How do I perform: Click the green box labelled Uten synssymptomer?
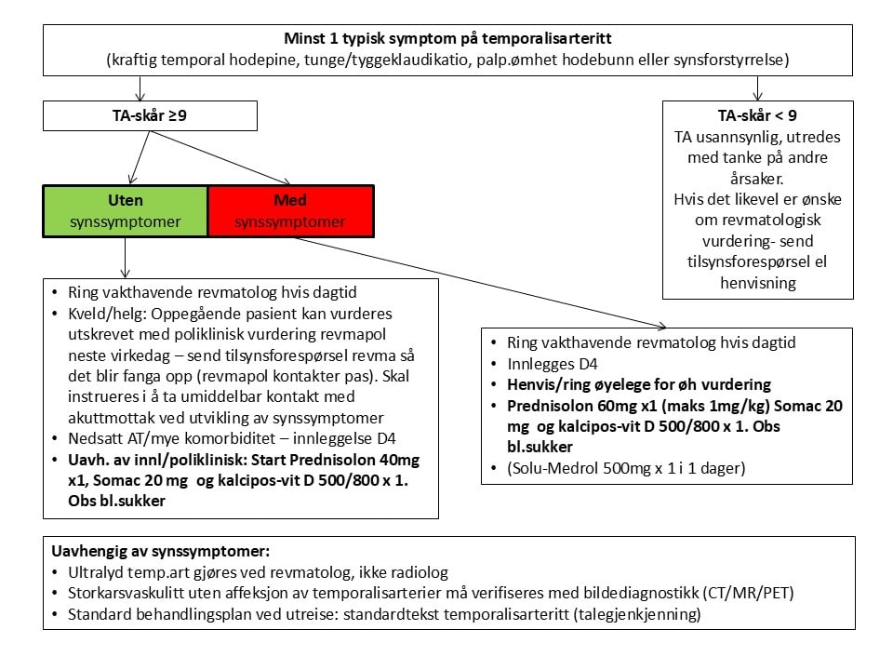[125, 210]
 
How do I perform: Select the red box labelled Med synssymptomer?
[290, 210]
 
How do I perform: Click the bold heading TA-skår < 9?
[758, 116]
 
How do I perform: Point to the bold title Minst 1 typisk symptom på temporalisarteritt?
[447, 40]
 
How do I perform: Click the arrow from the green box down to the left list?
[125, 257]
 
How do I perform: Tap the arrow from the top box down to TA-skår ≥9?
[140, 89]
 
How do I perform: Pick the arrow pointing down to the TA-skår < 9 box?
[758, 89]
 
